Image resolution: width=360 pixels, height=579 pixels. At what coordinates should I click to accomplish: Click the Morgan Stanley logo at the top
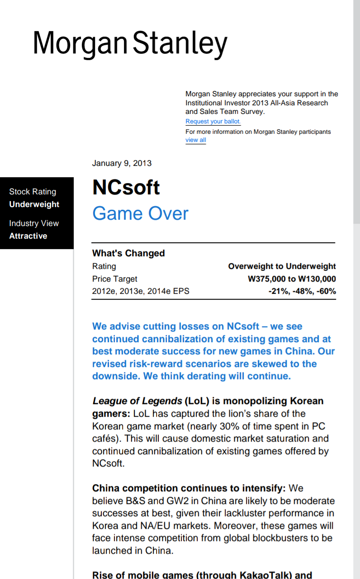(x=130, y=44)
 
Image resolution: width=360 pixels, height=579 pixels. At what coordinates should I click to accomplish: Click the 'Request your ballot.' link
(x=213, y=122)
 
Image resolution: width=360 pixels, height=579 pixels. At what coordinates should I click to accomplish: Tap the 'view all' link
(x=195, y=140)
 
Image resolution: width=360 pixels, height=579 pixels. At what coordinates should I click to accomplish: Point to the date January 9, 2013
(x=122, y=163)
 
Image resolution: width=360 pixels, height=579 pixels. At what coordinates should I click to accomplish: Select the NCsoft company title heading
(x=126, y=187)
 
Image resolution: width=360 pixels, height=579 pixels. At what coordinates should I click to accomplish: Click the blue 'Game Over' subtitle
(x=140, y=213)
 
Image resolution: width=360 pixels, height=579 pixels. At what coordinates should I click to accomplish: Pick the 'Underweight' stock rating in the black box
(x=34, y=204)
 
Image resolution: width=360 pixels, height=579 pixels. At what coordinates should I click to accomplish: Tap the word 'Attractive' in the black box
(x=28, y=236)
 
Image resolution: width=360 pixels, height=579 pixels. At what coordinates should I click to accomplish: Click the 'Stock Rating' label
(x=33, y=192)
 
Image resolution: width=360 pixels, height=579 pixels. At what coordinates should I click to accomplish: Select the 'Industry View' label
(x=34, y=223)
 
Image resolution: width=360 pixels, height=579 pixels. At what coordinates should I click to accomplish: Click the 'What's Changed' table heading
(x=128, y=253)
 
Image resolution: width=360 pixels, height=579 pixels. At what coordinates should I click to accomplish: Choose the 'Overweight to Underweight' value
(x=282, y=266)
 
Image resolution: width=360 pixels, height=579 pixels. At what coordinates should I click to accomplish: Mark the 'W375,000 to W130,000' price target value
(x=292, y=279)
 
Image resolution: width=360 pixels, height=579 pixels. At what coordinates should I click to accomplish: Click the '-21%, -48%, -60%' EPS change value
(x=302, y=291)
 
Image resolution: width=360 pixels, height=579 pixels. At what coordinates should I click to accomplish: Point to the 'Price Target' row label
(x=114, y=279)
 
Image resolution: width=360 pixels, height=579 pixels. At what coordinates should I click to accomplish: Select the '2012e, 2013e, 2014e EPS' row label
(x=141, y=291)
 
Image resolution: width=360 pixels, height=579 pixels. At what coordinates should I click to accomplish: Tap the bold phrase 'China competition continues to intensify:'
(x=189, y=488)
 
